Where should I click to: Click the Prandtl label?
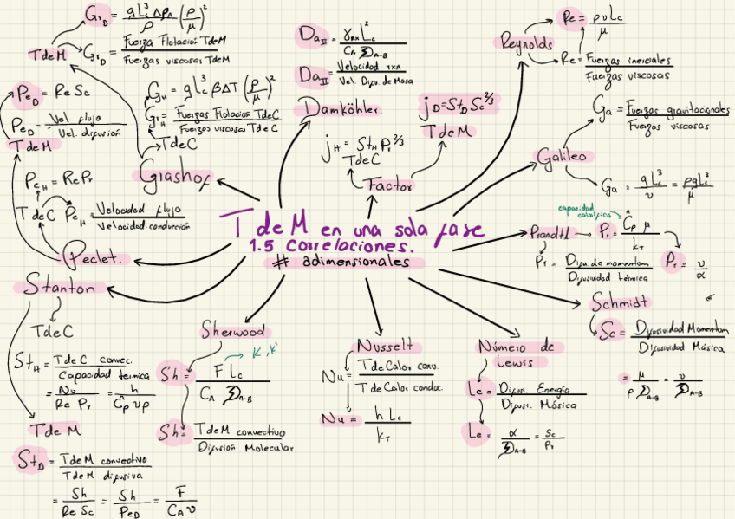[551, 232]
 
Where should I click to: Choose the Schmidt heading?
[621, 302]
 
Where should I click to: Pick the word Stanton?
[60, 287]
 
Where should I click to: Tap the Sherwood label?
[233, 330]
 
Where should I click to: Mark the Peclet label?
[97, 257]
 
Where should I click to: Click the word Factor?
[388, 185]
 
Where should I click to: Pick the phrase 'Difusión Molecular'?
[244, 447]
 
